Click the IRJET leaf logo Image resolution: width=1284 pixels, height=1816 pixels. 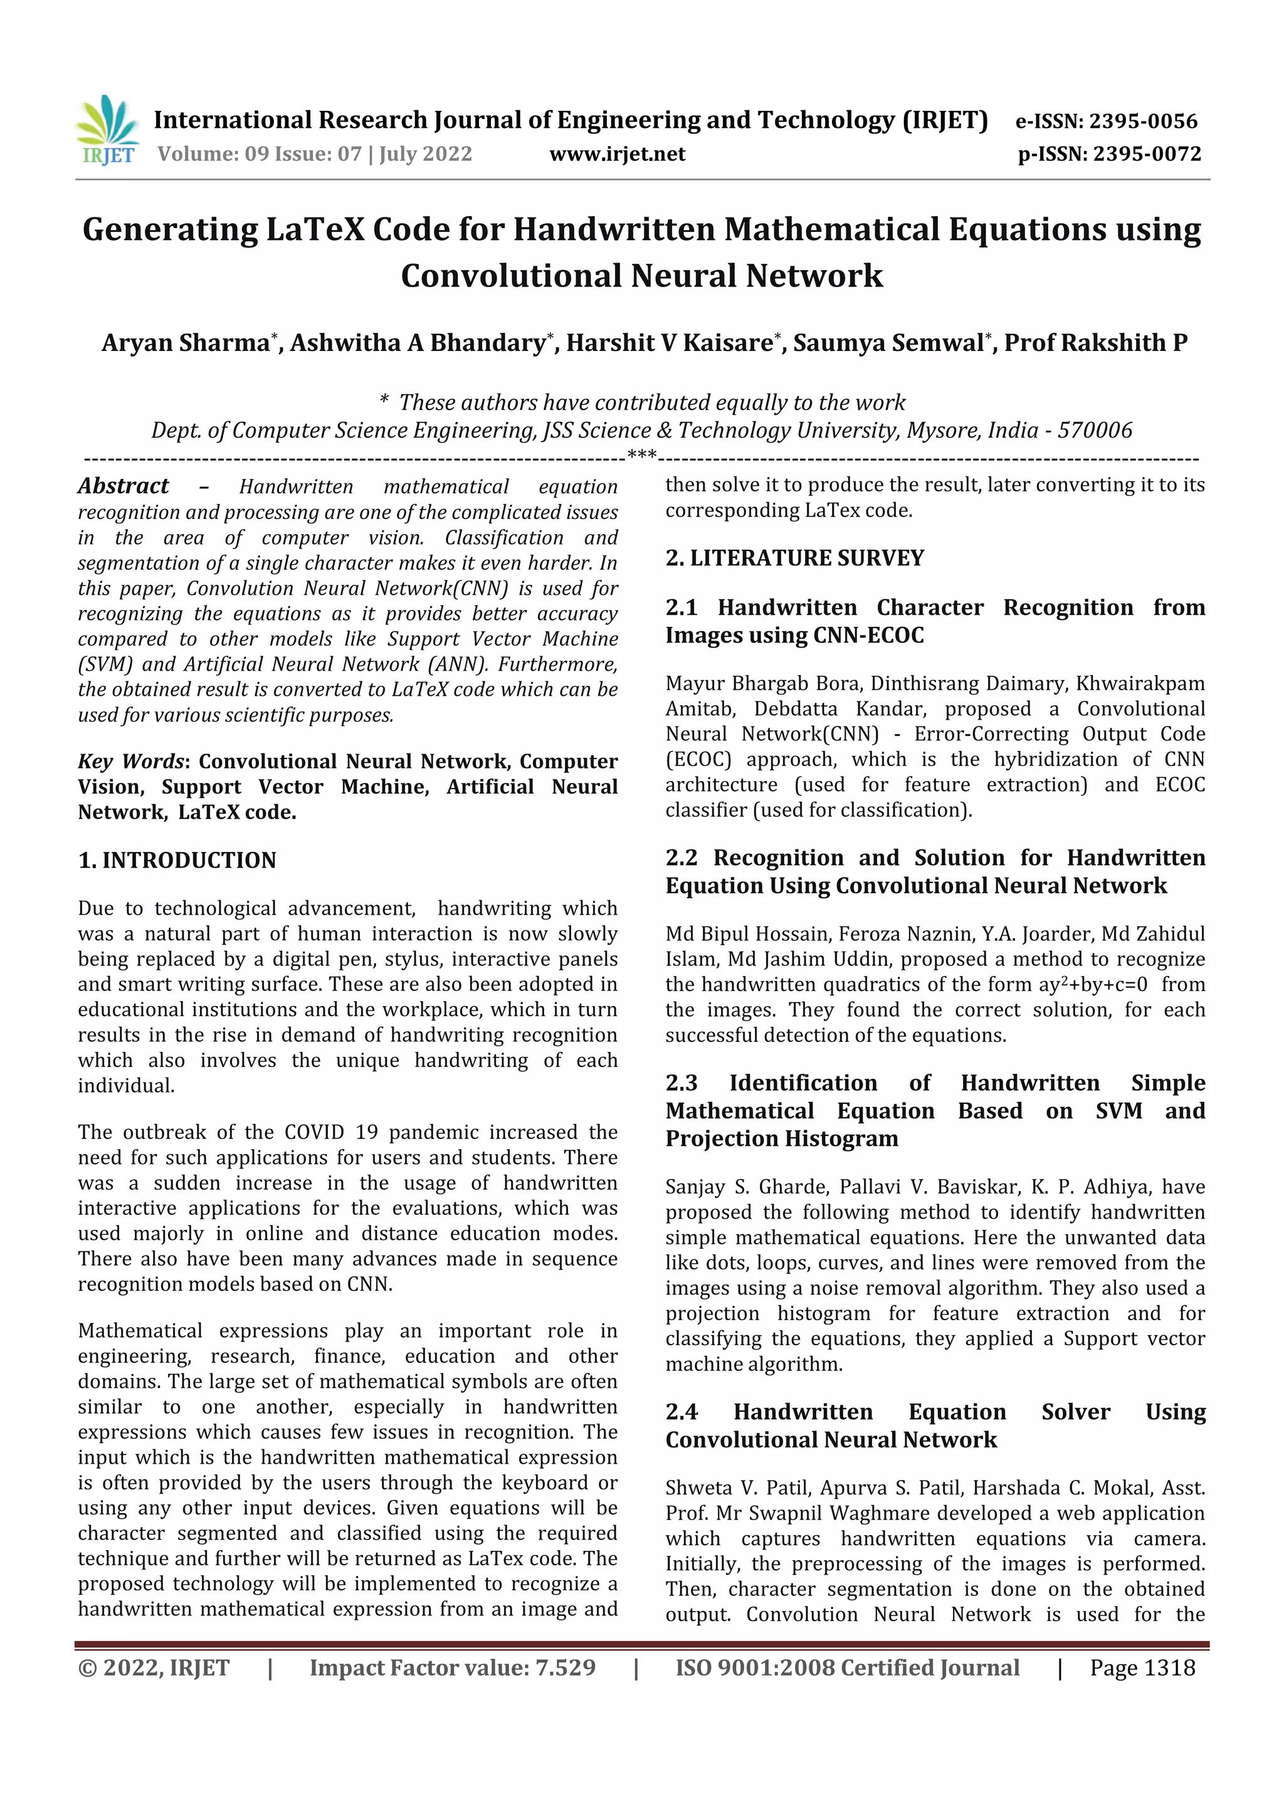108,130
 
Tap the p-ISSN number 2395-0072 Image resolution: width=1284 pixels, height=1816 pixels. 1147,154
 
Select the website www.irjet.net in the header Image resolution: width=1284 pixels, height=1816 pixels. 617,154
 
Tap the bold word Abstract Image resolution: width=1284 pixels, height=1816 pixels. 124,486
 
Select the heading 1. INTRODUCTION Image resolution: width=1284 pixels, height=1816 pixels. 177,861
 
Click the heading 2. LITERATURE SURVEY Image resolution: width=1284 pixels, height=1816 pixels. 794,559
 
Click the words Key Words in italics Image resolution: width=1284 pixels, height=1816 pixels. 130,762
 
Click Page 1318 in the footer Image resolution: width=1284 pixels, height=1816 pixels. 1142,1668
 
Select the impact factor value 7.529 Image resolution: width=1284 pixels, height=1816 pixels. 565,1668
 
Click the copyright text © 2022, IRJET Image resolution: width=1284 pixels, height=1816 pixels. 154,1668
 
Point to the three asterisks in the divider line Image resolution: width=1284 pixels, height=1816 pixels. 641,455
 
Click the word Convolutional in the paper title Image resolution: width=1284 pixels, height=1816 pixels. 511,276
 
